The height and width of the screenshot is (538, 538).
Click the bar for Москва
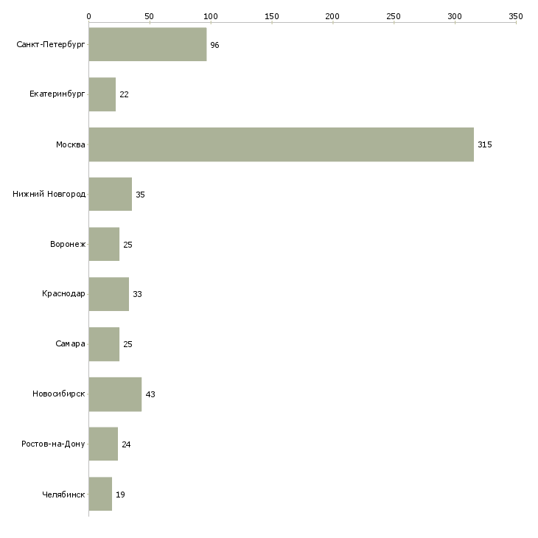tap(281, 144)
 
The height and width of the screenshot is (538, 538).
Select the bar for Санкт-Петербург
tap(147, 44)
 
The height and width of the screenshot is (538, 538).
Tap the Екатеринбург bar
tap(102, 94)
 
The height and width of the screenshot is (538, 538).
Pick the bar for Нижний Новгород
tap(110, 195)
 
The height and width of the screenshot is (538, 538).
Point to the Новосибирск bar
tap(115, 394)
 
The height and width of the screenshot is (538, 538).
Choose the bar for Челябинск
tap(100, 495)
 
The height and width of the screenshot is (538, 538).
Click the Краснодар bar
tap(109, 294)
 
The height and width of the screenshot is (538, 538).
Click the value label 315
tap(484, 144)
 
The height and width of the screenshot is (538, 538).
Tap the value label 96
tap(214, 45)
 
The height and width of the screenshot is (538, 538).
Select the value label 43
tap(150, 394)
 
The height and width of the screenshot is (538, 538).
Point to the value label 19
tap(120, 495)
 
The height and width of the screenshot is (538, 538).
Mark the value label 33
tap(137, 294)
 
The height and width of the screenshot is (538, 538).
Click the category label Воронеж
tap(68, 245)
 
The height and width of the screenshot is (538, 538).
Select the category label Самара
tap(70, 344)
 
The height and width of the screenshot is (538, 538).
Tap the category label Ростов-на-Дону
tap(53, 444)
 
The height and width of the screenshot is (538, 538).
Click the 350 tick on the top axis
tap(516, 15)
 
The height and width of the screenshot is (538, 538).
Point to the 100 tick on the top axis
tap(211, 15)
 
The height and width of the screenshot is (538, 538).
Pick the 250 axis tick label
tap(394, 15)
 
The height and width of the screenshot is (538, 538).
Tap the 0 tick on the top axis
tap(88, 15)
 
